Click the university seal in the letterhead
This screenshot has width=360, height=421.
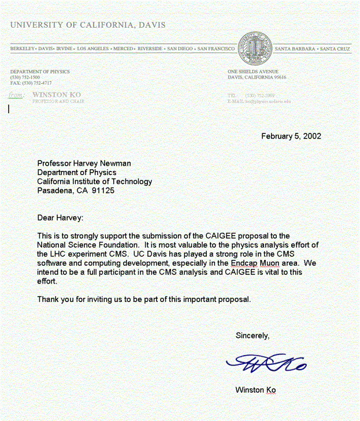pyautogui.click(x=254, y=49)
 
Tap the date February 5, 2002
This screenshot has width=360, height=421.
pyautogui.click(x=291, y=136)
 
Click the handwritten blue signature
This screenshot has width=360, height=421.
pyautogui.click(x=266, y=363)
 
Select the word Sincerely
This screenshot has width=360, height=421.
pyautogui.click(x=252, y=336)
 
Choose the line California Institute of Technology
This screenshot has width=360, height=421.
pyautogui.click(x=94, y=181)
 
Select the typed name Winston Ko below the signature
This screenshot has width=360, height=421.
pyautogui.click(x=255, y=390)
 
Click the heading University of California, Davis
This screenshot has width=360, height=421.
pyautogui.click(x=88, y=25)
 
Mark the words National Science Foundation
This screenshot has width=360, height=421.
pyautogui.click(x=86, y=245)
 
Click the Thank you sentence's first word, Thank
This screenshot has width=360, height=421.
pyautogui.click(x=48, y=299)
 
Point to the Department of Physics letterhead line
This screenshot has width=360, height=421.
pyautogui.click(x=40, y=72)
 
